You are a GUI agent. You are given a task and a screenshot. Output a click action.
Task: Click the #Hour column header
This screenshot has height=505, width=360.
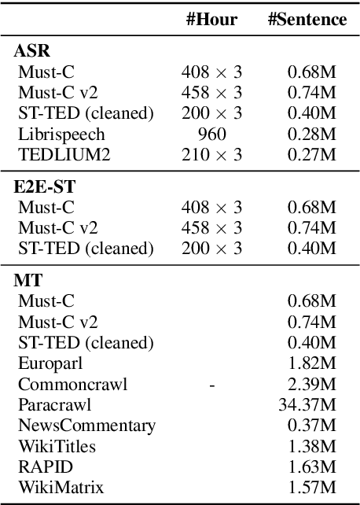point(212,20)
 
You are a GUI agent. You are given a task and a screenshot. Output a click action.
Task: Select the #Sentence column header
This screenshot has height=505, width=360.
point(307,20)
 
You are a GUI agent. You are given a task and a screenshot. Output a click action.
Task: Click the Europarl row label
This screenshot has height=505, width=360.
point(52,363)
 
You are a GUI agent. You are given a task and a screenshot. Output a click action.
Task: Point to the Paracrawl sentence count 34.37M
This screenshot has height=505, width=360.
point(308,404)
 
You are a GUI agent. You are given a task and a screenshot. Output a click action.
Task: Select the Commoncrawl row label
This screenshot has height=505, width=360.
point(72,384)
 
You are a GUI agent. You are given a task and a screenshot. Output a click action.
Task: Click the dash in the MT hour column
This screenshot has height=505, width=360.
point(212,384)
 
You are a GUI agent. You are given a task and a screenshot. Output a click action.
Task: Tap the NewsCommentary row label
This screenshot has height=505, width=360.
point(86,426)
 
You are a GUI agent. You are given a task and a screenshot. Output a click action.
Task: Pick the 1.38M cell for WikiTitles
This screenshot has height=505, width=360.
point(312,446)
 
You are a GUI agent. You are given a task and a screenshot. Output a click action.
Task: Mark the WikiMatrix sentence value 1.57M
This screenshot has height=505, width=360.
point(312,487)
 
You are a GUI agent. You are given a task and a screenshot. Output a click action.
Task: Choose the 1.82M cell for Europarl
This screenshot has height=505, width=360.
point(312,363)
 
